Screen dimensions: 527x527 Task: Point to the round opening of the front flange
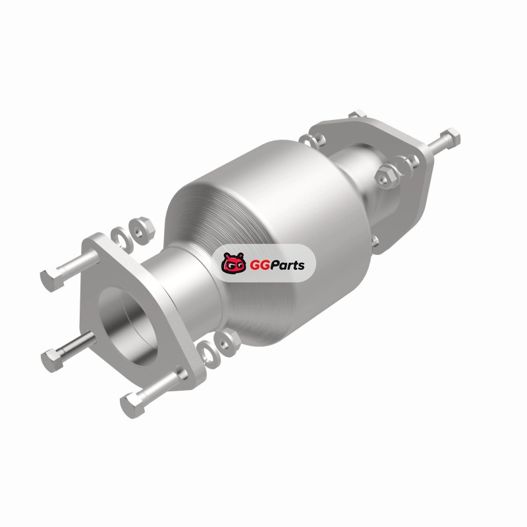[128, 326]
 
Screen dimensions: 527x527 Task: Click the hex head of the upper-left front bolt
[52, 281]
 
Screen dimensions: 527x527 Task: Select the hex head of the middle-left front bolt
[52, 360]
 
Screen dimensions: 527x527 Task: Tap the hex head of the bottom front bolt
[132, 405]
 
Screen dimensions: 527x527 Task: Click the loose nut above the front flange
[141, 230]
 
